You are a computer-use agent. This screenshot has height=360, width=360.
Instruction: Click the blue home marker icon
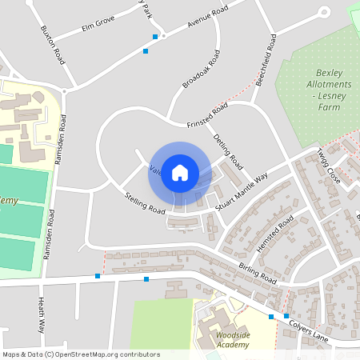tap(180, 172)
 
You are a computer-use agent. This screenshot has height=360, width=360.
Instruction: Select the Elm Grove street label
tap(98, 28)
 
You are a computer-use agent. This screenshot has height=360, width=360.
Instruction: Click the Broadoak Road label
tap(201, 70)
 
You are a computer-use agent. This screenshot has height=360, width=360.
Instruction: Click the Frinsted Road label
tap(207, 115)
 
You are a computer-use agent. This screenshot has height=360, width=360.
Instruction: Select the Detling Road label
tap(228, 152)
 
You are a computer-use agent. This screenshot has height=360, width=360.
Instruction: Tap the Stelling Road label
tap(144, 203)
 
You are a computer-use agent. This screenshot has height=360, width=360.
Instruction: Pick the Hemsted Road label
tap(278, 230)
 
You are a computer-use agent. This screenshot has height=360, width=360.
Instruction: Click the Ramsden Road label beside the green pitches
tap(51, 228)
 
